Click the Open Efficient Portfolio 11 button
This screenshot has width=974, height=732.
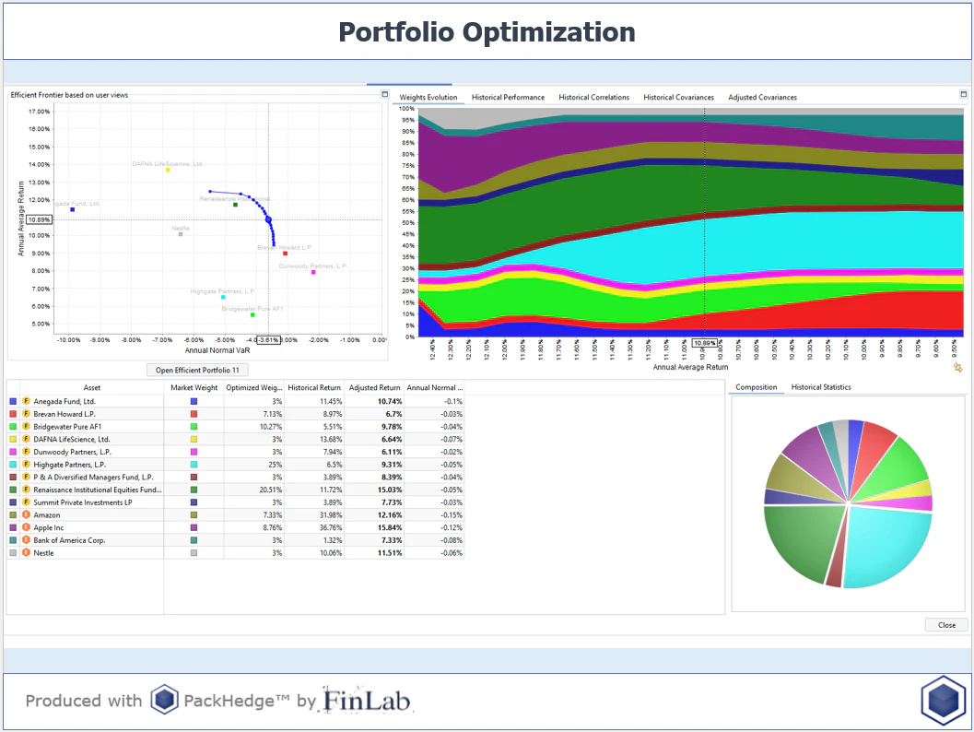click(x=197, y=370)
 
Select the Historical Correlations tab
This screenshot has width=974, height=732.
click(x=593, y=97)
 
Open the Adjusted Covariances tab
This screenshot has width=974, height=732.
click(x=762, y=97)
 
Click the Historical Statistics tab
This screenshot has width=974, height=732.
click(x=820, y=387)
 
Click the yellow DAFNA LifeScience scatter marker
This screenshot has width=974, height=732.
click(x=168, y=170)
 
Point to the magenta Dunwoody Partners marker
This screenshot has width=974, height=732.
click(x=313, y=272)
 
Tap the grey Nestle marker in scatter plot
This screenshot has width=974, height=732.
click(x=181, y=234)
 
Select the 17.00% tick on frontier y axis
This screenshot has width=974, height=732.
click(x=39, y=112)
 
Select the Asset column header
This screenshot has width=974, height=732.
click(x=92, y=388)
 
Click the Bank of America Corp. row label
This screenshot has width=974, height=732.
click(x=67, y=539)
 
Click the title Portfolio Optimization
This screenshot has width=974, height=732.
click(x=487, y=32)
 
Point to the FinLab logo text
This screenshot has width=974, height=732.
click(x=368, y=701)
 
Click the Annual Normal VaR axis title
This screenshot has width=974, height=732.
click(x=216, y=350)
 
